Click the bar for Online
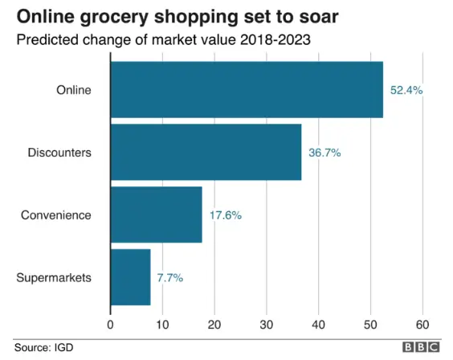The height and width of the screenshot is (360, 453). click(246, 89)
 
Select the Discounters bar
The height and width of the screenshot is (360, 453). click(206, 152)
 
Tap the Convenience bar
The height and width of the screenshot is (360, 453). click(156, 215)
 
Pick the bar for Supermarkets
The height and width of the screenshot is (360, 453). click(130, 277)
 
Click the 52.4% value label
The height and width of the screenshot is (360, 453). click(406, 90)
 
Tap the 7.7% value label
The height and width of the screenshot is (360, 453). click(170, 278)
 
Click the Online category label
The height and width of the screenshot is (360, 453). click(75, 90)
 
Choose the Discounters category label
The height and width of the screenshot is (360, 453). click(59, 153)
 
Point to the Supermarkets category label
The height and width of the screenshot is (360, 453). click(54, 278)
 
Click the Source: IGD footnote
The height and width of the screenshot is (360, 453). click(39, 347)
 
